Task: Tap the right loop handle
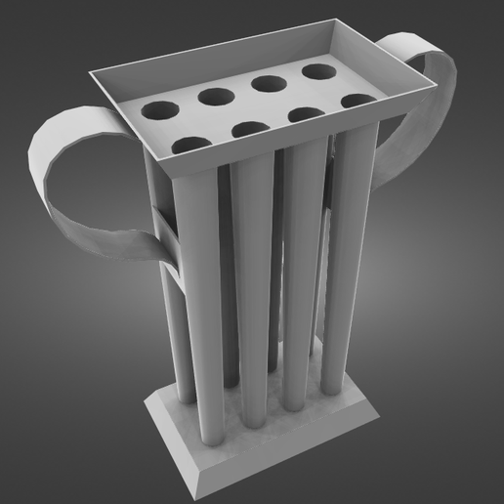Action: (430, 88)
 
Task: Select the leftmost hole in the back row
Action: (155, 110)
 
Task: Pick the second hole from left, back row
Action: (214, 97)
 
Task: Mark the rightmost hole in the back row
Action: (318, 71)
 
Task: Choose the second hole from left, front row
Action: (251, 130)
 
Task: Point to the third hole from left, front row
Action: (307, 115)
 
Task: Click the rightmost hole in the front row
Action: (357, 102)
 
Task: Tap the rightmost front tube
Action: (342, 259)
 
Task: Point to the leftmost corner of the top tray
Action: (90, 74)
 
